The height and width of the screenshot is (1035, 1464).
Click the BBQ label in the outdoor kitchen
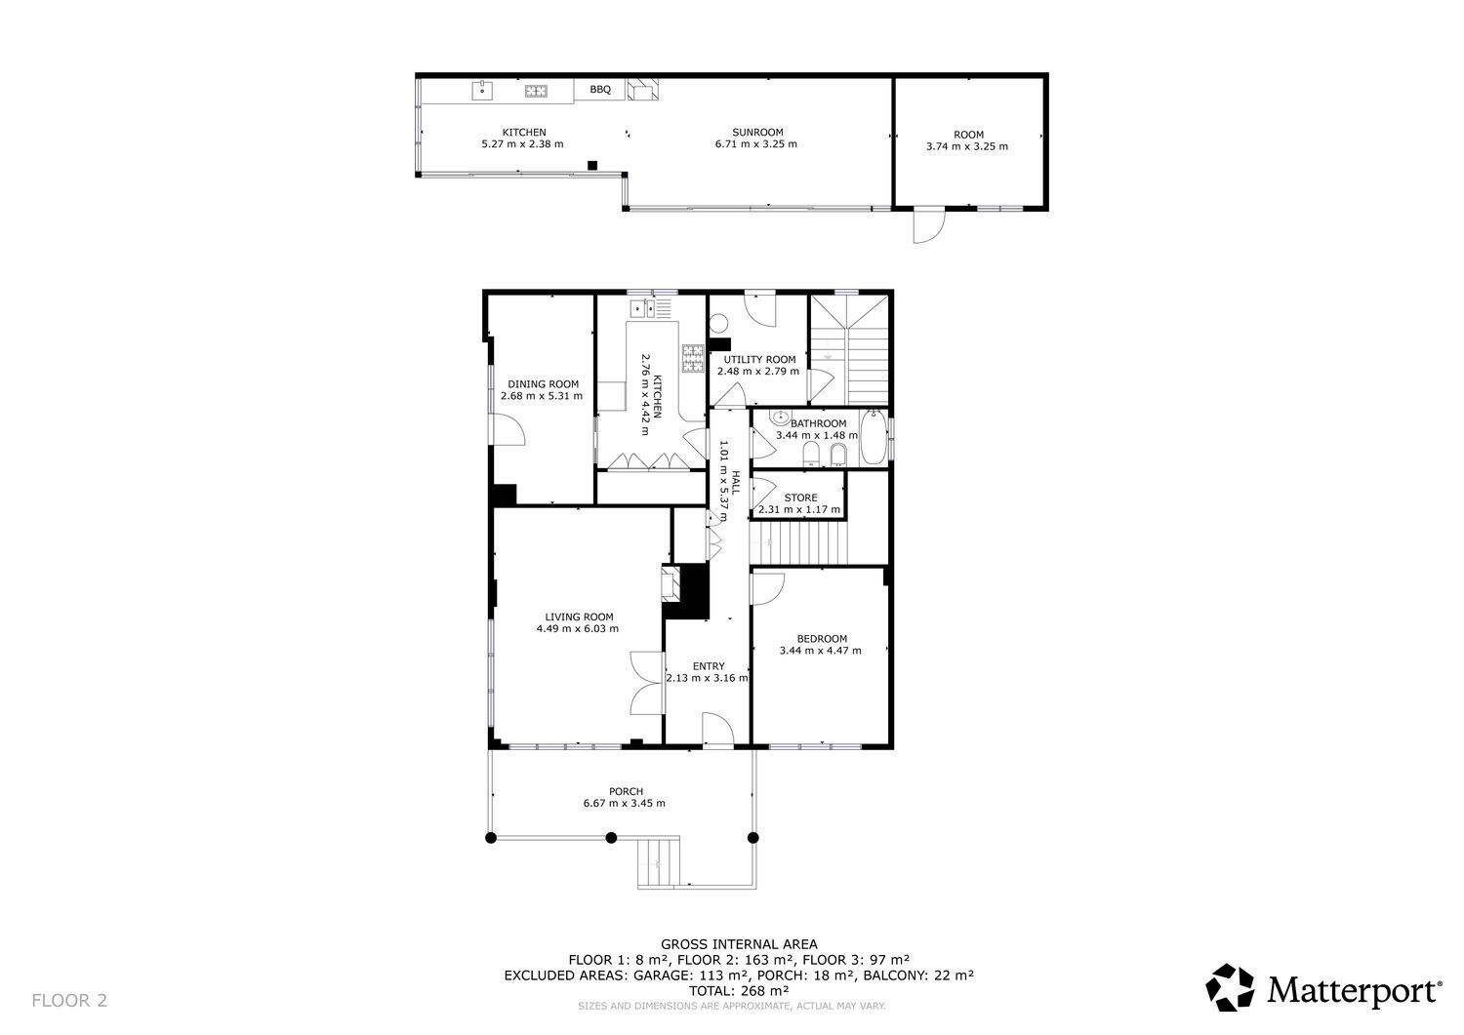pos(600,90)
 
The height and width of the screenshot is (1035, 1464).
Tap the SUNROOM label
pos(757,132)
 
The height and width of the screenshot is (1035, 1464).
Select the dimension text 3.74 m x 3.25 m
pos(966,146)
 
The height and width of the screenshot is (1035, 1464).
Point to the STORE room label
pos(800,498)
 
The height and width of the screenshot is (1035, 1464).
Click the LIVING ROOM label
pos(579,617)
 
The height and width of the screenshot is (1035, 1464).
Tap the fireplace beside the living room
pos(671,584)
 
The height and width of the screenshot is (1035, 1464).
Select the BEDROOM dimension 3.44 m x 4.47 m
pos(820,651)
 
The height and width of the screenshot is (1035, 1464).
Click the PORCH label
pos(627,792)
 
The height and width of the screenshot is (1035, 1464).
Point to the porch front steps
pos(659,861)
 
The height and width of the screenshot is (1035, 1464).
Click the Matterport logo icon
pos(1230,987)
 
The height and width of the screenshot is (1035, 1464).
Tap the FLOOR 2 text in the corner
pos(69,1000)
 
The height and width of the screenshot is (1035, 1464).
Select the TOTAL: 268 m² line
pos(739,990)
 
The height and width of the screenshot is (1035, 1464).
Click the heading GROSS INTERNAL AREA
pos(739,944)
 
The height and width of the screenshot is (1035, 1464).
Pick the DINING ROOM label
pos(543,384)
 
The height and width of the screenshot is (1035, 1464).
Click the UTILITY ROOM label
pos(759,359)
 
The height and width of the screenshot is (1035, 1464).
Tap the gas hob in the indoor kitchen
pos(693,358)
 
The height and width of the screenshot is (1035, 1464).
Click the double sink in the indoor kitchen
pos(642,308)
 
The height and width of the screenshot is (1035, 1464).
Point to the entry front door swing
pos(717,728)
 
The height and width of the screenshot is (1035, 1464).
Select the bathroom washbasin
pos(780,417)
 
